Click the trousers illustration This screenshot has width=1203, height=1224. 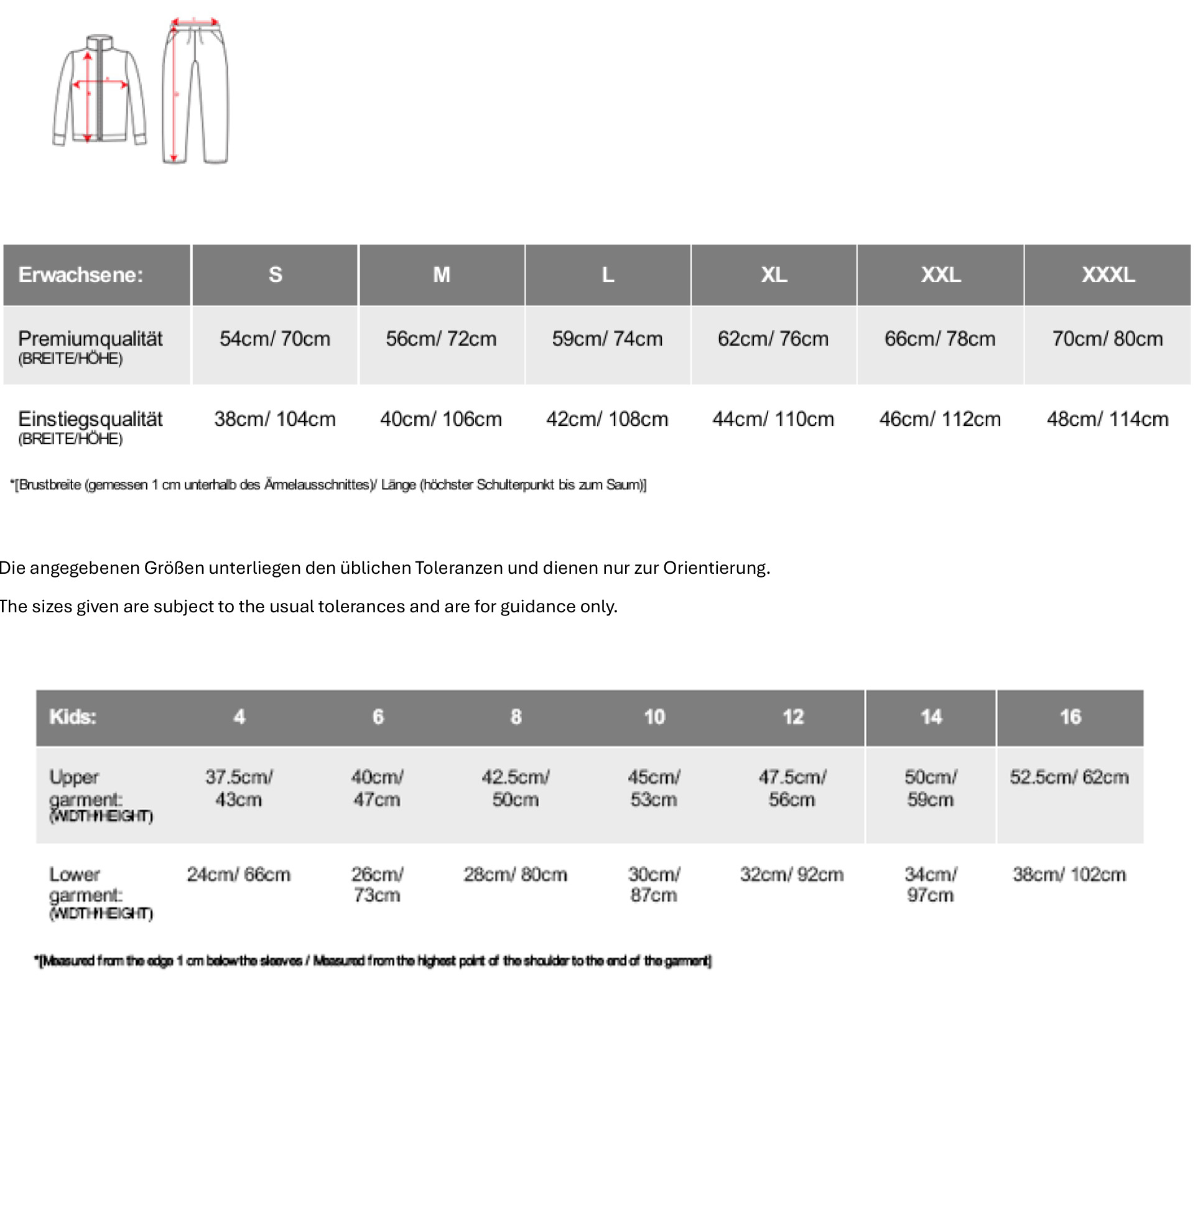195,91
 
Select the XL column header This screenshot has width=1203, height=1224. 773,275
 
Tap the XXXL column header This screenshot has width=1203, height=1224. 1108,275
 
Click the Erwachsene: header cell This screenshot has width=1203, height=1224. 81,275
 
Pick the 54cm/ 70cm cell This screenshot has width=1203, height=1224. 275,339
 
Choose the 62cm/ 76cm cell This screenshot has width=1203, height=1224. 773,339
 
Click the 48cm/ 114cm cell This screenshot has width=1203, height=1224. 1107,419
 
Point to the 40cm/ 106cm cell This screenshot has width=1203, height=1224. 441,419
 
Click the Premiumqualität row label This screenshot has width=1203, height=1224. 90,339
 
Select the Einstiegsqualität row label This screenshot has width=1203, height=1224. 90,419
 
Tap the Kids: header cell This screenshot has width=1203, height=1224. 73,717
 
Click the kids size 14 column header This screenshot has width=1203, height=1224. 931,717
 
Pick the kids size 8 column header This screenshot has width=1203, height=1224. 516,717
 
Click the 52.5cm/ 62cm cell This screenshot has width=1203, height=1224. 1069,777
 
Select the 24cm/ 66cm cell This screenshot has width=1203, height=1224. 238,875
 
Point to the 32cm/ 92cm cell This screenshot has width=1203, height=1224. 792,875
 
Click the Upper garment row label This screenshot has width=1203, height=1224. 85,788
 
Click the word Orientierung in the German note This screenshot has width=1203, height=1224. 716,568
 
